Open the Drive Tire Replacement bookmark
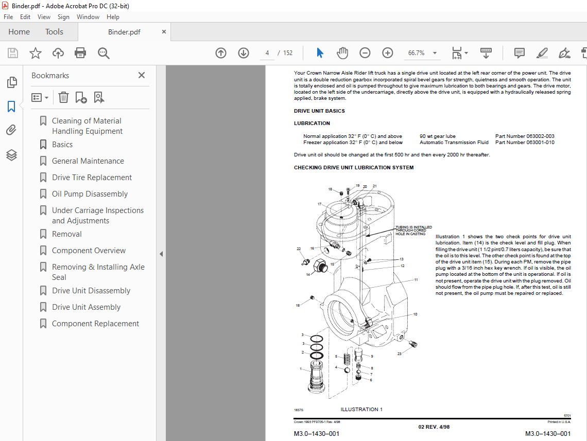[92, 178]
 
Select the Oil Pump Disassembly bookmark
[90, 194]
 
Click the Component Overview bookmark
[89, 251]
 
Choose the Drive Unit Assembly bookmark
[86, 307]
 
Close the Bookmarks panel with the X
[142, 75]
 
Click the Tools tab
[54, 32]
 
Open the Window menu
[88, 17]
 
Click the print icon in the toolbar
[80, 53]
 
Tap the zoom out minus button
[365, 53]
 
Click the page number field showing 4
[267, 53]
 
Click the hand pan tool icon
[342, 53]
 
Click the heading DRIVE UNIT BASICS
[319, 111]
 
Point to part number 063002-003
[540, 136]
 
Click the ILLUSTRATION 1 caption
[361, 410]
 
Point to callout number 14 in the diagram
[308, 275]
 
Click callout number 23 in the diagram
[399, 354]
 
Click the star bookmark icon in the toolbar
[36, 53]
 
